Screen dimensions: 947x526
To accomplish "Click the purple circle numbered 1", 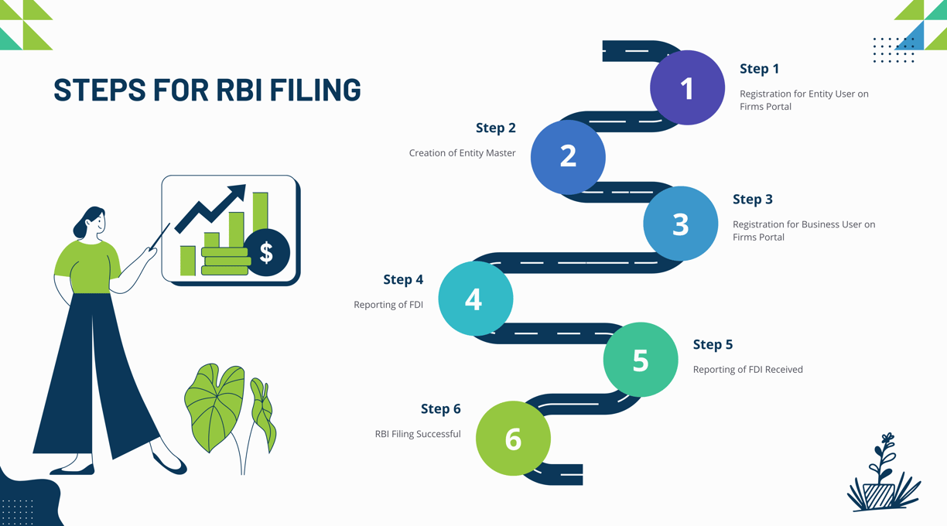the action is pyautogui.click(x=687, y=87).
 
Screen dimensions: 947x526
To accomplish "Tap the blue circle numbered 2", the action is pyautogui.click(x=568, y=157).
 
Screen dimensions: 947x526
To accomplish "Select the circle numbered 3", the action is pyautogui.click(x=681, y=224).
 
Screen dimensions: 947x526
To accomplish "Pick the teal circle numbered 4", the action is pyautogui.click(x=476, y=299).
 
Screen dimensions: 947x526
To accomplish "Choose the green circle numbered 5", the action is pyautogui.click(x=641, y=360).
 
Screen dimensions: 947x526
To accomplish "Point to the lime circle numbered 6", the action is pyautogui.click(x=513, y=438).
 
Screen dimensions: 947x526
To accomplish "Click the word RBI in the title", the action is pyautogui.click(x=239, y=89).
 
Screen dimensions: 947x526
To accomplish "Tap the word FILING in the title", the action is pyautogui.click(x=316, y=89).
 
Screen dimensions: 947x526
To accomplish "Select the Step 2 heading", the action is pyautogui.click(x=495, y=128).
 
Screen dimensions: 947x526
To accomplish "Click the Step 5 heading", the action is pyautogui.click(x=713, y=344).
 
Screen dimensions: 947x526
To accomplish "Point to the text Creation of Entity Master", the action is pyautogui.click(x=462, y=152).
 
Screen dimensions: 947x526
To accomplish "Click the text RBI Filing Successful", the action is pyautogui.click(x=418, y=434).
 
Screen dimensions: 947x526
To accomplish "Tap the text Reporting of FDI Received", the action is pyautogui.click(x=748, y=370).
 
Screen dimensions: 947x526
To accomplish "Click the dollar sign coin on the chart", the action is pyautogui.click(x=266, y=252).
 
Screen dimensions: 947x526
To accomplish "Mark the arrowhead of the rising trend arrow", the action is pyautogui.click(x=238, y=193).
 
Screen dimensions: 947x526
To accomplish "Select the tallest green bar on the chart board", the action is pyautogui.click(x=261, y=212).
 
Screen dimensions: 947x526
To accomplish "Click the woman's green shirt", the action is pyautogui.click(x=87, y=267).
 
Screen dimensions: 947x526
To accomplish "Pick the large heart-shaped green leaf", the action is pyautogui.click(x=214, y=407).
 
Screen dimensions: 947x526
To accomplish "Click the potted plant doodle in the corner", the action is pyautogui.click(x=884, y=473).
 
